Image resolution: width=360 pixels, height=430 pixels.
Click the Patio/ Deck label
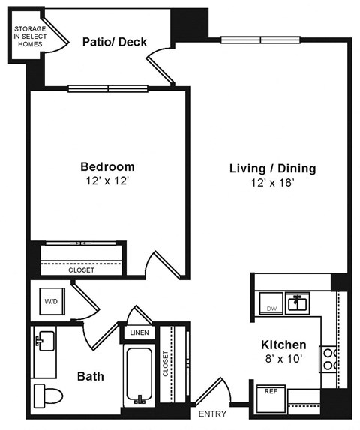click(114, 42)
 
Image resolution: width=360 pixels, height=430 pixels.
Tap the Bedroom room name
click(108, 166)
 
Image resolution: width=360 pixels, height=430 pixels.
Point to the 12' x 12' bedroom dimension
click(108, 181)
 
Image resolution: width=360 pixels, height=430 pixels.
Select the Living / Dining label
click(272, 169)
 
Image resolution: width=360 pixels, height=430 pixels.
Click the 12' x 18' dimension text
click(272, 184)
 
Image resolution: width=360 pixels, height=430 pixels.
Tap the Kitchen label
click(283, 345)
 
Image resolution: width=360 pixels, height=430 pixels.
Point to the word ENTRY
click(213, 414)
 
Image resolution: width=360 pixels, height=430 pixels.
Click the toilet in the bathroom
click(46, 394)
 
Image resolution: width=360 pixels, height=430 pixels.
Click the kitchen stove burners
click(328, 359)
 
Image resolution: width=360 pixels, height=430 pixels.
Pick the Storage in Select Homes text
click(28, 37)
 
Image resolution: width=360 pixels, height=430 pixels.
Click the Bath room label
click(90, 375)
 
